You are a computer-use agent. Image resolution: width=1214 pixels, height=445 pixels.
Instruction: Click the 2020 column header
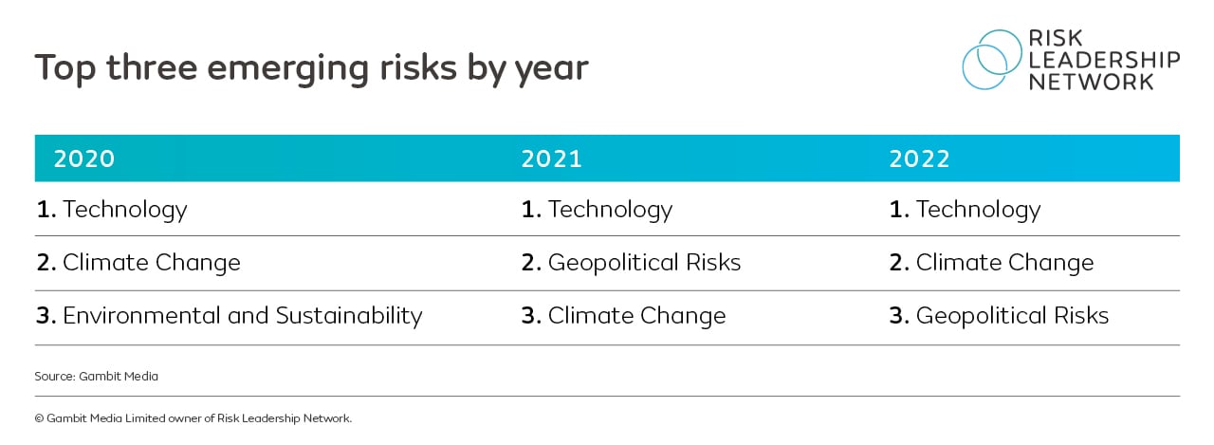click(x=84, y=158)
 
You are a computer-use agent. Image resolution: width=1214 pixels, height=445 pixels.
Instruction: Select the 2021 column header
click(x=551, y=158)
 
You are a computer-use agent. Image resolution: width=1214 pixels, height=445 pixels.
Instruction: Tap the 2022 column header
click(x=919, y=158)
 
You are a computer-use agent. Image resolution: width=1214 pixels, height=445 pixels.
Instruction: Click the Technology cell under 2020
click(x=112, y=209)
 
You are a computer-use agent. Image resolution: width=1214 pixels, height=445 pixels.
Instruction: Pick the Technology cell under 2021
click(x=597, y=209)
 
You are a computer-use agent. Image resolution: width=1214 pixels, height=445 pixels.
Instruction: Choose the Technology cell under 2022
click(x=965, y=209)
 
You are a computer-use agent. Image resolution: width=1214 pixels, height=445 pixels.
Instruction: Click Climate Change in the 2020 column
click(x=138, y=263)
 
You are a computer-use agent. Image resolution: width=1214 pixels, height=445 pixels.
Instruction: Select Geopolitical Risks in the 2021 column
click(x=631, y=263)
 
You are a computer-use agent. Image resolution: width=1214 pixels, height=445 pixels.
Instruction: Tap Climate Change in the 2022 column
click(x=991, y=263)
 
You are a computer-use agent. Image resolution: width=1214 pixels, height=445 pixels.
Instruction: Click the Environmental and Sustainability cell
click(x=229, y=316)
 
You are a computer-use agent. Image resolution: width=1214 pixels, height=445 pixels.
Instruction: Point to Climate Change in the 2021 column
click(x=623, y=316)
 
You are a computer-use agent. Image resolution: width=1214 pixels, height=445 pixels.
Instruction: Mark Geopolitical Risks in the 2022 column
click(x=999, y=316)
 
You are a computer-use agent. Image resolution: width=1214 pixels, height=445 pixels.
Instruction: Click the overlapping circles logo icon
click(x=992, y=59)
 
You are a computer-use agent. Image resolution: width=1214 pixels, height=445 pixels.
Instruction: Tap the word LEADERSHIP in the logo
click(x=1104, y=60)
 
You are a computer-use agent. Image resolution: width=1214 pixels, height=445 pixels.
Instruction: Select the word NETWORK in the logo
click(x=1091, y=82)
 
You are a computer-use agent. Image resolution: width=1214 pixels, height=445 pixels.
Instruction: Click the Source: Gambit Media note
click(x=96, y=377)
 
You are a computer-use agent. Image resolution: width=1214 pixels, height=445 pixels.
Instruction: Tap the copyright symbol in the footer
click(x=39, y=417)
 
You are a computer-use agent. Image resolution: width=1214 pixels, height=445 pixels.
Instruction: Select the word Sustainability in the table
click(x=349, y=316)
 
